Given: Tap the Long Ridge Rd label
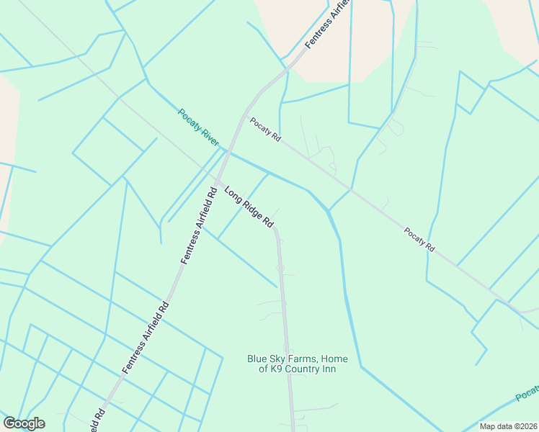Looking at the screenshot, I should (x=249, y=208).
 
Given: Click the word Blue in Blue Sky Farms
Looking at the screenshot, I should (x=257, y=359).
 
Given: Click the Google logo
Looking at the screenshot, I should (x=24, y=423).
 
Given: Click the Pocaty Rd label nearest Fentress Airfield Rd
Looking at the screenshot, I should (x=265, y=130).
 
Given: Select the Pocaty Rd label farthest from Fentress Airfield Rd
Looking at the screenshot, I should (x=419, y=239).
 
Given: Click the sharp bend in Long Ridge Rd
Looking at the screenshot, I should (x=277, y=230).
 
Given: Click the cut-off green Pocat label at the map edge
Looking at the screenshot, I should (x=528, y=393).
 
